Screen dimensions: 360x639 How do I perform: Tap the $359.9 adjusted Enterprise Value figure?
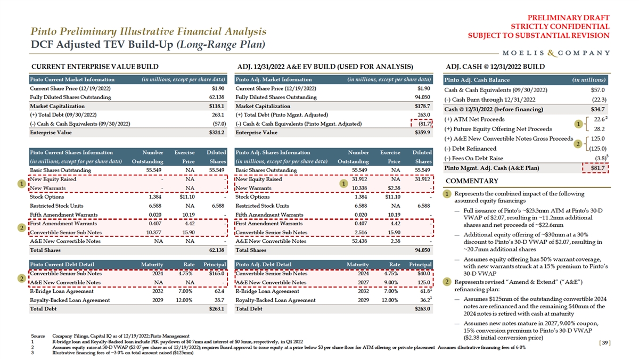click(x=422, y=132)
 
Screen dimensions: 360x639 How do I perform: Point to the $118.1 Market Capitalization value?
click(x=217, y=106)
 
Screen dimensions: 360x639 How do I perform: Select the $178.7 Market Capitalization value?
click(x=422, y=106)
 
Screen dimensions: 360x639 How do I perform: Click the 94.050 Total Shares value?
click(x=423, y=249)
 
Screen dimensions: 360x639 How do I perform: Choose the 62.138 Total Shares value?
click(x=217, y=249)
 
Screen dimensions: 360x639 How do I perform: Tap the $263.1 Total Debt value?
click(x=217, y=308)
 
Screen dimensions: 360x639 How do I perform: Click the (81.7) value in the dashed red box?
click(x=423, y=124)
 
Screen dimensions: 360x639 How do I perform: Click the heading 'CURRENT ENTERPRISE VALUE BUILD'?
click(x=94, y=67)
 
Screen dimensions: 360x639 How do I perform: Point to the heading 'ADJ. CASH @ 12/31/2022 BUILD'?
click(x=495, y=67)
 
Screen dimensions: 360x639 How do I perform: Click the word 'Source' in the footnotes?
click(x=38, y=336)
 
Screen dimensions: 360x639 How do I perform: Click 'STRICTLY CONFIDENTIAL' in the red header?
click(x=560, y=26)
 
